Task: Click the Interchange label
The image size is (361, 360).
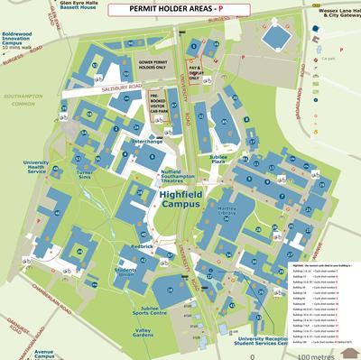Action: coord(147,142)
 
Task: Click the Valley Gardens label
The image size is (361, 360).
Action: coord(143,332)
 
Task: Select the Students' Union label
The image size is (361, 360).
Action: coord(125,272)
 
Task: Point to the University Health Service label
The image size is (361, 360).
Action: coord(35,168)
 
